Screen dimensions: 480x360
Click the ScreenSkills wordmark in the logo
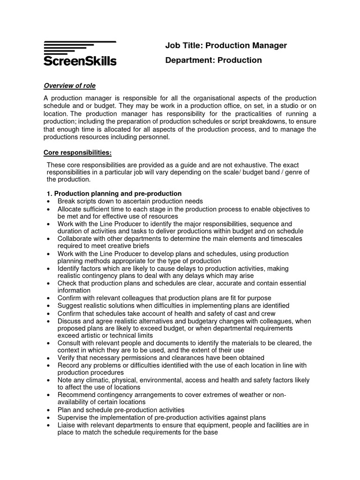pos(80,60)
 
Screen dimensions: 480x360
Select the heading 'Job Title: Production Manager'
pos(225,45)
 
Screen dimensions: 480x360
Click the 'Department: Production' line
pos(213,60)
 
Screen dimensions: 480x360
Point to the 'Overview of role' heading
pos(69,86)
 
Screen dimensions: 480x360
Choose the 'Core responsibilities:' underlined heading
pos(78,153)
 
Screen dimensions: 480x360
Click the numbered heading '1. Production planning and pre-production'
pos(114,194)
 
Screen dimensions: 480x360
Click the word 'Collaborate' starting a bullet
pos(75,239)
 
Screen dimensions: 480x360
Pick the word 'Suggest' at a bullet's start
pos(69,306)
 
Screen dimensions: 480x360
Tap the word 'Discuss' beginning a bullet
pos(69,321)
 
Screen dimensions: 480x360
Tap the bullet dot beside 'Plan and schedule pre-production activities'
pos(49,410)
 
